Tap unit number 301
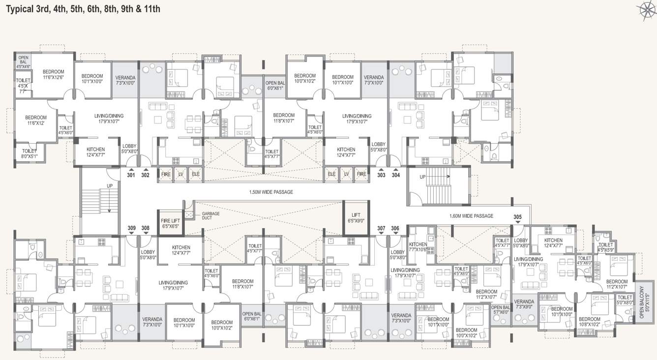click(131, 175)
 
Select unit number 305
click(517, 216)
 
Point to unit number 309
click(131, 228)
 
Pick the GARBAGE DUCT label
click(210, 215)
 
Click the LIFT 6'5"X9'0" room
click(356, 218)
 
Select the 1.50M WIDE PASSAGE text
click(271, 192)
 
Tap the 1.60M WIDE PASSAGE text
click(471, 216)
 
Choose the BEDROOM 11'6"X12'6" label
click(53, 74)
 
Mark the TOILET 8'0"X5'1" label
click(29, 154)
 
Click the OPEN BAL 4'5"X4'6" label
click(23, 61)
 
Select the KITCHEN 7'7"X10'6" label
click(418, 247)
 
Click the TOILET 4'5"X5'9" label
click(606, 247)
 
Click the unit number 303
click(381, 175)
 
